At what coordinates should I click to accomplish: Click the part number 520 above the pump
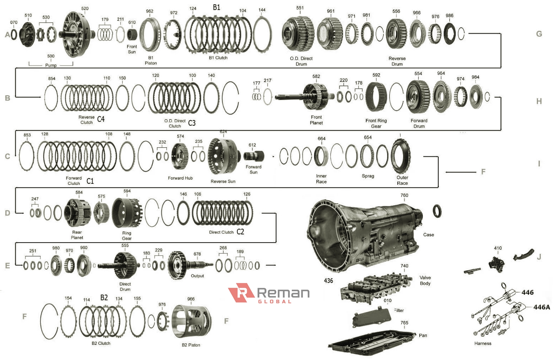pyautogui.click(x=85, y=8)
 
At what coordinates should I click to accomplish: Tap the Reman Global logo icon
pyautogui.click(x=241, y=292)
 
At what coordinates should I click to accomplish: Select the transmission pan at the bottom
pyautogui.click(x=372, y=341)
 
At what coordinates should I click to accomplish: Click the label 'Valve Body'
pyautogui.click(x=425, y=280)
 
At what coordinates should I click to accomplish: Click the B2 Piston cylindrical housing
pyautogui.click(x=191, y=321)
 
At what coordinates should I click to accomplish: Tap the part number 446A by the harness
pyautogui.click(x=541, y=307)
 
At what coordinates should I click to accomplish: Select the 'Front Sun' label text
pyautogui.click(x=132, y=49)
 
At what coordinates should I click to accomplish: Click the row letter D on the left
pyautogui.click(x=8, y=213)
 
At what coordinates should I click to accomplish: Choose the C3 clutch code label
pyautogui.click(x=192, y=123)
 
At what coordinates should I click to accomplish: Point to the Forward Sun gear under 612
pyautogui.click(x=254, y=156)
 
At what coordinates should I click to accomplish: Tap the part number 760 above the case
pyautogui.click(x=404, y=195)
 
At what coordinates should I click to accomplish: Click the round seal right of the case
pyautogui.click(x=437, y=211)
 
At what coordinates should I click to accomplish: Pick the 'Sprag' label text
pyautogui.click(x=368, y=176)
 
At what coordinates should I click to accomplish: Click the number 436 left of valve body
pyautogui.click(x=328, y=281)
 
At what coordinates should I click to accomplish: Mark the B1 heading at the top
pyautogui.click(x=216, y=7)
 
